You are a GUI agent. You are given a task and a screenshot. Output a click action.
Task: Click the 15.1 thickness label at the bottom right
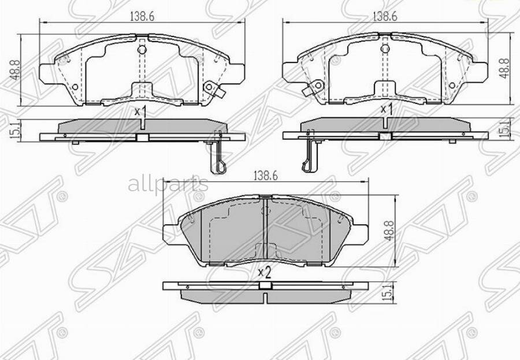pos(391,294)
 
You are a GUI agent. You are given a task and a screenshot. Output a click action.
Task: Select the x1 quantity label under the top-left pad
pos(140,112)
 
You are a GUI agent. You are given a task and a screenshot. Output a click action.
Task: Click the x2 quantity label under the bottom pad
pos(264,271)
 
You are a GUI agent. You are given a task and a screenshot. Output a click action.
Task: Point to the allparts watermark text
pos(168,185)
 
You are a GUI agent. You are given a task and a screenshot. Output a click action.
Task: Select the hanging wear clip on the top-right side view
pos(310,156)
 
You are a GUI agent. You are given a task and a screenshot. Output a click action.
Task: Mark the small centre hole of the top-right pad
pos(385,50)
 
